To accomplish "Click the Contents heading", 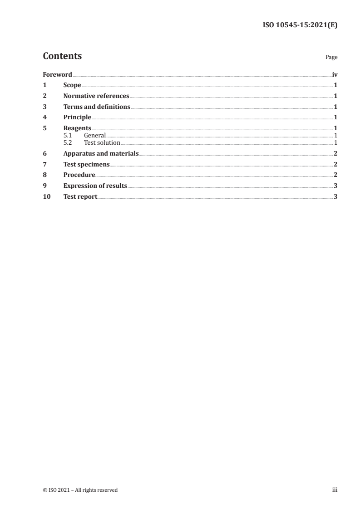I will pos(62,56).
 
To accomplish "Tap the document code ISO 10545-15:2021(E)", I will pos(300,25).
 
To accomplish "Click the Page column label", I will pos(331,58).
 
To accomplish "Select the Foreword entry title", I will pos(57,74).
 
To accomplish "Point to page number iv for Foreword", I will pos(335,74).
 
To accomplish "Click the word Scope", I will pos(72,85).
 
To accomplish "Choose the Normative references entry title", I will pos(96,96).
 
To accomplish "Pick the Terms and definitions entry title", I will pos(97,107).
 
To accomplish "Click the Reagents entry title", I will pos(77,128).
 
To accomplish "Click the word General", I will pos(94,135).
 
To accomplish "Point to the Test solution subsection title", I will pos(102,142).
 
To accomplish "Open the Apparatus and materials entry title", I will pos(101,154).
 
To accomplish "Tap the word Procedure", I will pos(79,175).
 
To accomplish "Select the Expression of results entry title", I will pos(95,186).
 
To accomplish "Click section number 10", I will pos(46,197).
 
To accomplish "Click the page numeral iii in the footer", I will pos(335,489).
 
